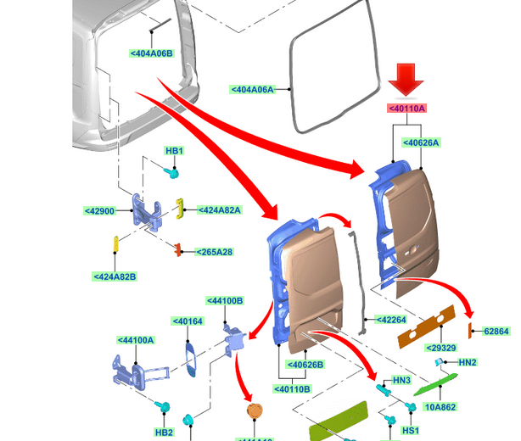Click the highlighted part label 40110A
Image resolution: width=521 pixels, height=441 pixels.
[x=406, y=109]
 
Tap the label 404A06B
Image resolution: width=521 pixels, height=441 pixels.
[x=151, y=53]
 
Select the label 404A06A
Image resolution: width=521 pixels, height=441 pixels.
[x=253, y=89]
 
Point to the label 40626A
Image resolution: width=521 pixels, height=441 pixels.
[x=421, y=142]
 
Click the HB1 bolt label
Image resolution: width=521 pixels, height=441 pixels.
[x=174, y=151]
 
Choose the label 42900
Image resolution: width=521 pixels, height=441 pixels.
[x=99, y=210]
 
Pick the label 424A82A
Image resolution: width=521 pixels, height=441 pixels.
[x=220, y=210]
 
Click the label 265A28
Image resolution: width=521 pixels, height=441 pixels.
[x=214, y=252]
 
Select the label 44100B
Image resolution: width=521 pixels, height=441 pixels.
[x=225, y=300]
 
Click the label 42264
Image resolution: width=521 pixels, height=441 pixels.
[x=392, y=320]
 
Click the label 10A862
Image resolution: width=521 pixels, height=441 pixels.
[x=441, y=407]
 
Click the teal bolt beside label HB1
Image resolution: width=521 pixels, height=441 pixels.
[x=171, y=171]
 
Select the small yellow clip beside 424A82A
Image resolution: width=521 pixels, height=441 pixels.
[x=181, y=209]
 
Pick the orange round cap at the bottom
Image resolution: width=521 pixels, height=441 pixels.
[x=253, y=411]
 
